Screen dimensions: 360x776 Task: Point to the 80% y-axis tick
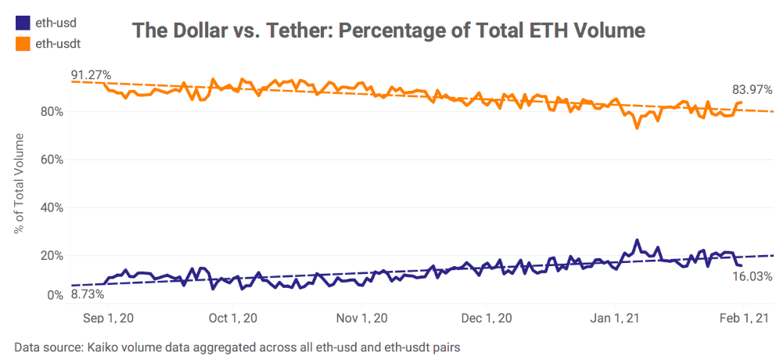pyautogui.click(x=52, y=111)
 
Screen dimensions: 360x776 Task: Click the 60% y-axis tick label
pyautogui.click(x=52, y=160)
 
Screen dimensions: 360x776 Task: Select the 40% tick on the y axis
pyautogui.click(x=52, y=207)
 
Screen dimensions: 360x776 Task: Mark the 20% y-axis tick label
pyautogui.click(x=52, y=256)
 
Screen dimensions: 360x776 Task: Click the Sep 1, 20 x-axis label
pyautogui.click(x=108, y=319)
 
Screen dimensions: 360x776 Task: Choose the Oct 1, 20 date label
pyautogui.click(x=234, y=319)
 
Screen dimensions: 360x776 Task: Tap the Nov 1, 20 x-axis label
pyautogui.click(x=361, y=319)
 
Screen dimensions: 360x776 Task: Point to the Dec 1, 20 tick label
pyautogui.click(x=487, y=319)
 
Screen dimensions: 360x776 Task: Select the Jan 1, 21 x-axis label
pyautogui.click(x=616, y=319)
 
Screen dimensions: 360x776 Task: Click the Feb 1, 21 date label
pyautogui.click(x=743, y=319)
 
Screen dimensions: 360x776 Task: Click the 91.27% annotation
pyautogui.click(x=91, y=75)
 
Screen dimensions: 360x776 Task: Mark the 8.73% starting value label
pyautogui.click(x=88, y=295)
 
